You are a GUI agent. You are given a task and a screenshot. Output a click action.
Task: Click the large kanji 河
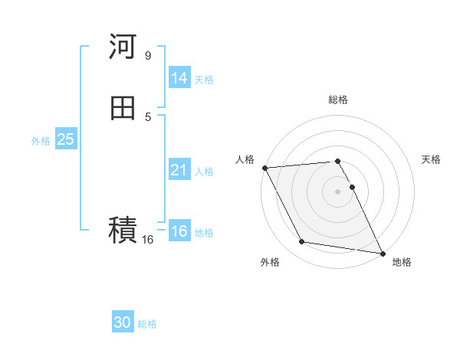[x=123, y=47]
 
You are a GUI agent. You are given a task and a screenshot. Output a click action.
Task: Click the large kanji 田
[x=123, y=108]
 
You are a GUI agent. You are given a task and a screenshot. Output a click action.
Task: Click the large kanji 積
[x=123, y=229]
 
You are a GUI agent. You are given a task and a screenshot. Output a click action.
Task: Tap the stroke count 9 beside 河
[x=148, y=55]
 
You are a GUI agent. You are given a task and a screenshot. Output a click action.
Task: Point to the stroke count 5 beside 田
[x=148, y=116]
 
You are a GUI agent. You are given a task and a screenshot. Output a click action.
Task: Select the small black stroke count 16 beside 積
[x=148, y=240]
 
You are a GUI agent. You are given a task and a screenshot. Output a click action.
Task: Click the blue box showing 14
[x=179, y=78]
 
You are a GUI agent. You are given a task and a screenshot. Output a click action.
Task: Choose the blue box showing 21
[x=179, y=170]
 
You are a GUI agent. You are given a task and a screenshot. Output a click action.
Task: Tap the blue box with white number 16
[x=179, y=231]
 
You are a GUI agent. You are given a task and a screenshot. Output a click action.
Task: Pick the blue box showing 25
[x=65, y=139]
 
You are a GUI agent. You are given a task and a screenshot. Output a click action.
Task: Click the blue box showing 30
[x=123, y=322]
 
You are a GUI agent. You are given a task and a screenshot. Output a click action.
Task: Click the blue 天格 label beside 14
[x=204, y=80]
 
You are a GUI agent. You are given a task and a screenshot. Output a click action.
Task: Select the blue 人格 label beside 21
[x=204, y=172]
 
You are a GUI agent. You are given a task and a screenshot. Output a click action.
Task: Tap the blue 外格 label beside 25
[x=41, y=141]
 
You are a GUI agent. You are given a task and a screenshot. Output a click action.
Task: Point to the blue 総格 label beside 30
[x=147, y=324]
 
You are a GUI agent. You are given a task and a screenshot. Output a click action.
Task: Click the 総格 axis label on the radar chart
[x=338, y=100]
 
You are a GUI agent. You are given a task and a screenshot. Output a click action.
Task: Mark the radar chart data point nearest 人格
[x=264, y=168]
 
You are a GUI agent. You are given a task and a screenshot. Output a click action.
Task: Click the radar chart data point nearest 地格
[x=382, y=253]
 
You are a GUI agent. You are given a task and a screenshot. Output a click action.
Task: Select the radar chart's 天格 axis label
[x=432, y=159]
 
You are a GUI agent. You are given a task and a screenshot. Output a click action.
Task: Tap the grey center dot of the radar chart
[x=338, y=191]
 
